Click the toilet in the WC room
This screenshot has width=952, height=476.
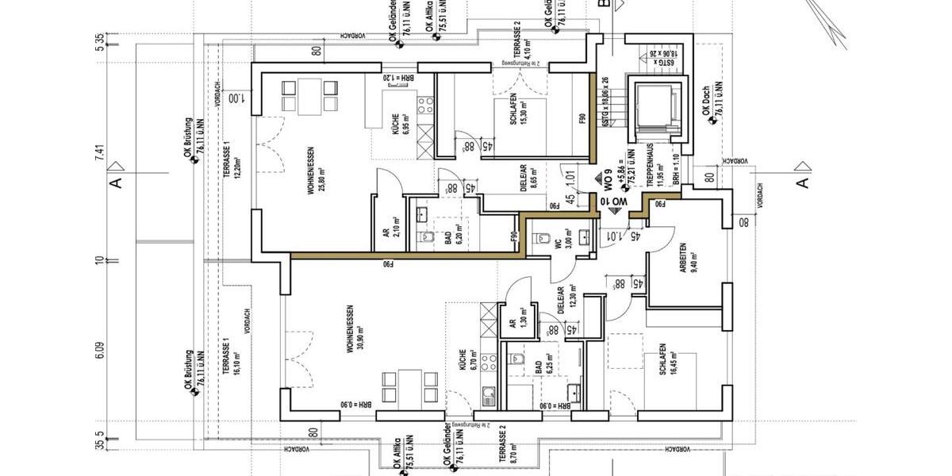pos(543,237)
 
